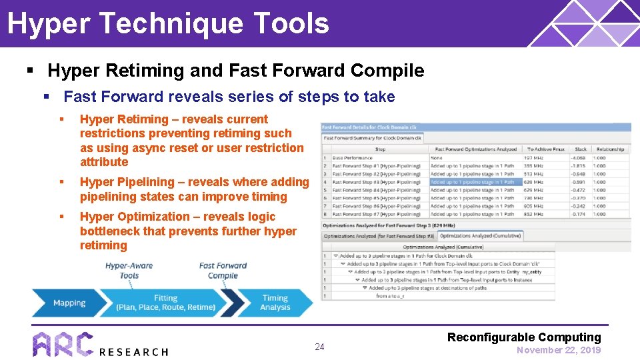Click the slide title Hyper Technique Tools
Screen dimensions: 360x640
click(x=168, y=23)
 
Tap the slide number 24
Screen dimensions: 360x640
click(x=319, y=347)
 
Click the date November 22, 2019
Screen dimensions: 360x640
click(x=559, y=350)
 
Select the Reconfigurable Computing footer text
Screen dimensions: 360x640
click(x=524, y=337)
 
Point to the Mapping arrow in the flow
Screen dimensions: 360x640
click(x=69, y=303)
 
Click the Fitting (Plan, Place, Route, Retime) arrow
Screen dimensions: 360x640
click(x=165, y=303)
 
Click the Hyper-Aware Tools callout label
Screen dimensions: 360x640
click(x=129, y=270)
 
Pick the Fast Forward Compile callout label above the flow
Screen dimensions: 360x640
click(x=223, y=270)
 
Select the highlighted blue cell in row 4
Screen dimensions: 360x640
click(x=472, y=181)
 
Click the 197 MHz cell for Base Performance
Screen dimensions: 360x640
click(x=534, y=158)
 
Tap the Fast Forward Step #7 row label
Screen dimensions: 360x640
click(x=376, y=213)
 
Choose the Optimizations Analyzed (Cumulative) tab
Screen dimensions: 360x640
click(x=480, y=236)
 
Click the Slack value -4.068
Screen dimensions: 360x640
click(x=577, y=158)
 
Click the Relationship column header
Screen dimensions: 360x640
click(x=610, y=149)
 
